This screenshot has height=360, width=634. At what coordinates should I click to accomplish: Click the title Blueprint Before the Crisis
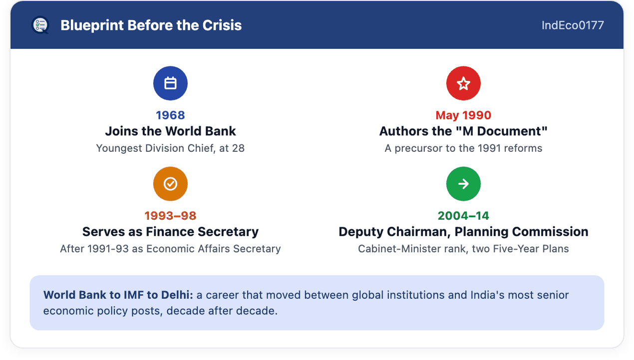pos(151,25)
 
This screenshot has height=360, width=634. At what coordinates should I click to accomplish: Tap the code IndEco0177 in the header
pos(573,25)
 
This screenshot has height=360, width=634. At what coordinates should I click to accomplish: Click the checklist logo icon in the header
pos(40,25)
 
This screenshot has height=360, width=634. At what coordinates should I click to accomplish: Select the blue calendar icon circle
pos(170,83)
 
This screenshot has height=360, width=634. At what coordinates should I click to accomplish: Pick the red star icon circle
pos(463,83)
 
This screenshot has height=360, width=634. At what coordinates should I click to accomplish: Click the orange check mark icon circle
pos(170,184)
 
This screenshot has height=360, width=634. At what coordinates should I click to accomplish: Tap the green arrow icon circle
pos(463,184)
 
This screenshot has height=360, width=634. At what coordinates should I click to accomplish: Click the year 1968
pos(170,115)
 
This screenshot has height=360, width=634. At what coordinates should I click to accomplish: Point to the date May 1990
pos(463,115)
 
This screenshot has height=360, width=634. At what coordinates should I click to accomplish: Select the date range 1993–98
pos(170,216)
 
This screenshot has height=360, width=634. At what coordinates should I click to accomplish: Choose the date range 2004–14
pos(463,216)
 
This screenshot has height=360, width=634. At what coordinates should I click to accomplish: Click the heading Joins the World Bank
pos(170,131)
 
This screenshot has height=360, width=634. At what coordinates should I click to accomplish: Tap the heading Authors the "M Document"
pos(463,131)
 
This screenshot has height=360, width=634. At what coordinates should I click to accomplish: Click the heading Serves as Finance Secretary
pos(170,232)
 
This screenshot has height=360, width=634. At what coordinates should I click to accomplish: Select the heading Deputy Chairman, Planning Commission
pos(463,232)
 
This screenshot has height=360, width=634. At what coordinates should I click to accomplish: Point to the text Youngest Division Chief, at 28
pos(170,148)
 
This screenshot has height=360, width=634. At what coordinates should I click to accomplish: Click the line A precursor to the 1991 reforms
pos(463,148)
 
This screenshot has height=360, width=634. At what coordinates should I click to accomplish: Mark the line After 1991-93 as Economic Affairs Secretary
pos(170,249)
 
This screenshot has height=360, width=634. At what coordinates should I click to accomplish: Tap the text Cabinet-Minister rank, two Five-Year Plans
pos(463,249)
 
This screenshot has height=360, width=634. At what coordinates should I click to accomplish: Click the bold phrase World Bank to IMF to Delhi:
pos(118,295)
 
